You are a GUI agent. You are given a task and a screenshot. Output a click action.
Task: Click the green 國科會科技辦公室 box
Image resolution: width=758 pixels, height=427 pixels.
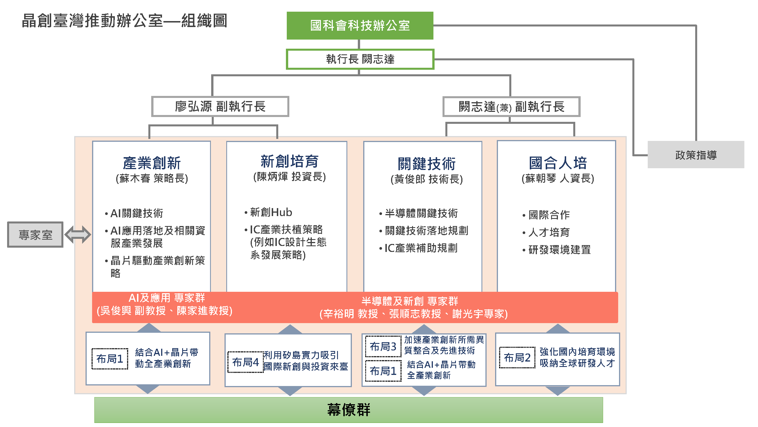[360, 25]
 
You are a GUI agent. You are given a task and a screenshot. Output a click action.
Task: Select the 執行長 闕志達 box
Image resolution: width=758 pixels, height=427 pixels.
[360, 59]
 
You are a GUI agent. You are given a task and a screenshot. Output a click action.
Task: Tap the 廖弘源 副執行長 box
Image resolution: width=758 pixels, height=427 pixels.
[220, 106]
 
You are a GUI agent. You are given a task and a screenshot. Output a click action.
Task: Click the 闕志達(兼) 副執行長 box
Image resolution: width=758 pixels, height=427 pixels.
[511, 106]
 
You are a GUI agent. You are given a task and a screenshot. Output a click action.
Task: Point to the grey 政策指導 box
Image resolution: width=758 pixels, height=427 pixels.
[696, 155]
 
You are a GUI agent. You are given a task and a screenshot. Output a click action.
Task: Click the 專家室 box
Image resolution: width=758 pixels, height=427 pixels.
[35, 235]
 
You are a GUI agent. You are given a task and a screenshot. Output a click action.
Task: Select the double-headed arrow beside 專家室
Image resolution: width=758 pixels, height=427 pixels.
[78, 235]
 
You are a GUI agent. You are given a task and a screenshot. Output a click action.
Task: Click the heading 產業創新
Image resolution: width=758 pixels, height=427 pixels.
[151, 163]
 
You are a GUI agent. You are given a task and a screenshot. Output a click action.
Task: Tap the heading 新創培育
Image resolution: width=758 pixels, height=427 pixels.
[290, 161]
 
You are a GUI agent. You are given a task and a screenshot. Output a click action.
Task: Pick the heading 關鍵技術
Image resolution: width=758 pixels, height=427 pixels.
[426, 164]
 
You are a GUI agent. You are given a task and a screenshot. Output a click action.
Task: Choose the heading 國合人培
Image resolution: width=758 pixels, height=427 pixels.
[558, 163]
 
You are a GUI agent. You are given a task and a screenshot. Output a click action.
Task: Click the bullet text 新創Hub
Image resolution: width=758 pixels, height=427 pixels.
[271, 212]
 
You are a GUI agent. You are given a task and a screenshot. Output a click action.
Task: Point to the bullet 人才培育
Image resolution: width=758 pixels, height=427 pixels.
[549, 232]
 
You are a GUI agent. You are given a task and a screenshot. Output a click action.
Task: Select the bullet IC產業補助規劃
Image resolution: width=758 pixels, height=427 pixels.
[421, 248]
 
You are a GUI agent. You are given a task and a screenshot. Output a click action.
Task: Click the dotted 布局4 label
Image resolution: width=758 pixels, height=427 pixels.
[245, 362]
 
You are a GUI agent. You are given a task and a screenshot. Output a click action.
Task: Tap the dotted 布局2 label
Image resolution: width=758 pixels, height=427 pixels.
[517, 358]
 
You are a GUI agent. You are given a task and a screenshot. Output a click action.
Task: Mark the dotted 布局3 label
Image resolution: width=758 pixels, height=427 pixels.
[383, 346]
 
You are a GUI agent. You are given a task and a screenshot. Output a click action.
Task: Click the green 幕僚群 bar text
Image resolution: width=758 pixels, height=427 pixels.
[349, 410]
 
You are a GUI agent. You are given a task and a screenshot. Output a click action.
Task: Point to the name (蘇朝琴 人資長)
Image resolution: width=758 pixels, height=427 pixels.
[558, 178]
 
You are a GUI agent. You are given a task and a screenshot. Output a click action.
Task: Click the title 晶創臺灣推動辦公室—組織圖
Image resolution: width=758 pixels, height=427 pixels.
[124, 20]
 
